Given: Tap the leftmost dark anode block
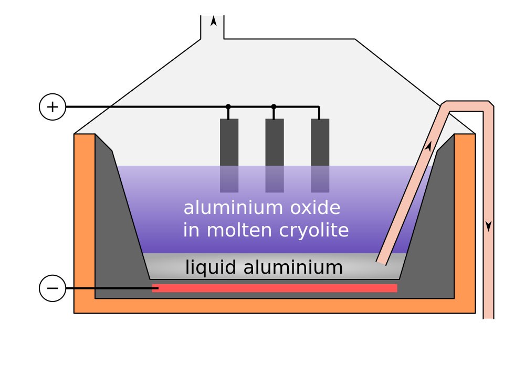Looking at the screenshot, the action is coord(229,156).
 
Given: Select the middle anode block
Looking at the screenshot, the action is coord(275,156).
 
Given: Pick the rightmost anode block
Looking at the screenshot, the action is coord(320,156).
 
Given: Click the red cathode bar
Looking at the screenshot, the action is coord(275,288).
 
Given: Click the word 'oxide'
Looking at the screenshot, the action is coord(315,208).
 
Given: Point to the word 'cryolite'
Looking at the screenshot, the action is coord(314,231).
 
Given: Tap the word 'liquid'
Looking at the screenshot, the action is coord(211,268).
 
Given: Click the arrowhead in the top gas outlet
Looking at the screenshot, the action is coord(213,21).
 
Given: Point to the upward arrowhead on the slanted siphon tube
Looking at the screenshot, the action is coord(428,146).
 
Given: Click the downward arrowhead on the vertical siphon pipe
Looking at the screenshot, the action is coord(488,226).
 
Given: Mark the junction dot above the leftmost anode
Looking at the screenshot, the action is coord(228,107).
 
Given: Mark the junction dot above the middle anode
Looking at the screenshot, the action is coord(274,107).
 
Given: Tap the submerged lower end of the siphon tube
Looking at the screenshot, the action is coord(381,263).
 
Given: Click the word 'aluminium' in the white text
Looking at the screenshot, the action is coord(234,208).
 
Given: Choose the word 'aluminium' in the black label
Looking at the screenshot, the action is coord(293,267).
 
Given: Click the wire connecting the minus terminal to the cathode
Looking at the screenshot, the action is coord(112,288).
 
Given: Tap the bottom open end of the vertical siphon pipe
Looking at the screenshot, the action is coord(488,318).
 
